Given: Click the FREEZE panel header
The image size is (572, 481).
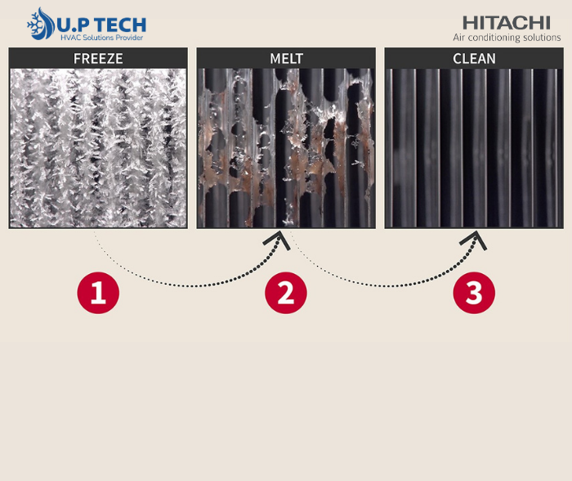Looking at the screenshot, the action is [98, 58].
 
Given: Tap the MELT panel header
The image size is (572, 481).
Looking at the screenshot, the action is [286, 58].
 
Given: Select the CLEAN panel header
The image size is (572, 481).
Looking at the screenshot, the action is [474, 58].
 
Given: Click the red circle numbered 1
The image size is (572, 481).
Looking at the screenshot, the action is [98, 293].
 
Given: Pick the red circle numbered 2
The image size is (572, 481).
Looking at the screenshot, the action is [286, 293].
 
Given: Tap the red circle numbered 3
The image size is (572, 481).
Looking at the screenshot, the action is [474, 293].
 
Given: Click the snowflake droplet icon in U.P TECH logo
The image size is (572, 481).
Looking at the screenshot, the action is [41, 24].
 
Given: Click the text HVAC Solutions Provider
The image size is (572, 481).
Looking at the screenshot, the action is [102, 38].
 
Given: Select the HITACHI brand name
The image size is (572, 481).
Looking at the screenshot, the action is [507, 23].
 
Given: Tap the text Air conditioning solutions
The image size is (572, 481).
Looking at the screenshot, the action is [507, 38].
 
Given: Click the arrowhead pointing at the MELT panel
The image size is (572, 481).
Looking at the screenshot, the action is [278, 240].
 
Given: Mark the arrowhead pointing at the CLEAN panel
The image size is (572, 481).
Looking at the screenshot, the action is [474, 240].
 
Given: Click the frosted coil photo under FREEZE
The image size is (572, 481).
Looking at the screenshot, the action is [98, 148].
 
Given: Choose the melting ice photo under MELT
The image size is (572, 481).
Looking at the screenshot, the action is [286, 148].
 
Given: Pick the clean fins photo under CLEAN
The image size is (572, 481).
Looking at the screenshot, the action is [474, 148].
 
